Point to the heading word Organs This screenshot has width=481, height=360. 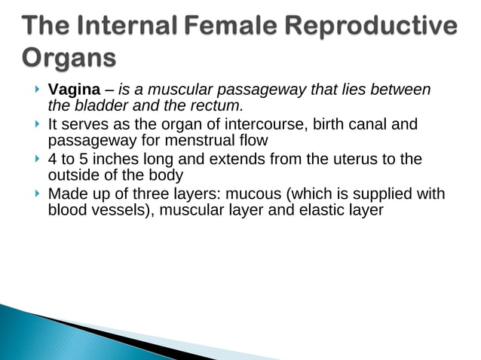point(69,58)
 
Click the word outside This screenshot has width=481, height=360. point(72,175)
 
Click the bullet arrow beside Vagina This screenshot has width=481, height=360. point(37,90)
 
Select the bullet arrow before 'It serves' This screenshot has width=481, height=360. point(37,124)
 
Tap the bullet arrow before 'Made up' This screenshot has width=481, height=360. point(37,194)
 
